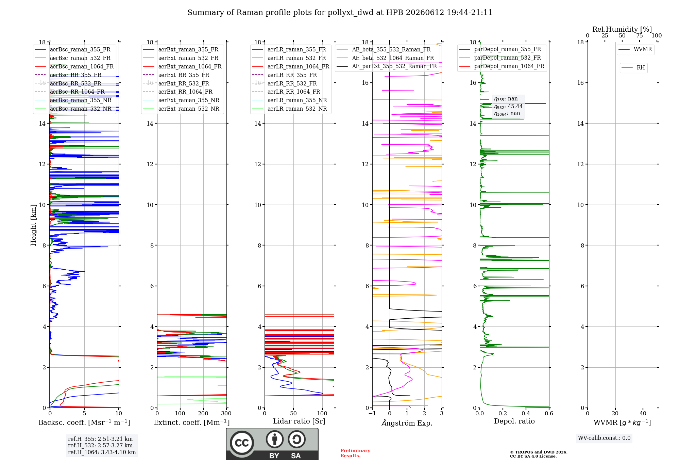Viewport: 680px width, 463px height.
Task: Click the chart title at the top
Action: (340, 13)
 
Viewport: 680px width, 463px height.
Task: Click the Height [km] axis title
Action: (33, 225)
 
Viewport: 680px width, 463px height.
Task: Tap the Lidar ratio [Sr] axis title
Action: (299, 421)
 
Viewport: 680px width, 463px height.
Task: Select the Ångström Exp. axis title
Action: (407, 423)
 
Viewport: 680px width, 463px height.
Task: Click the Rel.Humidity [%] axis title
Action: (622, 29)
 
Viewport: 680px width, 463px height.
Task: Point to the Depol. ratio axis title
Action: (514, 421)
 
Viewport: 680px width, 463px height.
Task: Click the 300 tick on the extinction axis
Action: (226, 413)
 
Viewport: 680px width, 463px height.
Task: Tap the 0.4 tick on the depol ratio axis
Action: (526, 413)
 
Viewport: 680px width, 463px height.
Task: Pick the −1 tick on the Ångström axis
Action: (372, 413)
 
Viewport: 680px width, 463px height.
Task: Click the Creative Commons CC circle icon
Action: (242, 443)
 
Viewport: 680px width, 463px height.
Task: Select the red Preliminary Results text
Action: (355, 453)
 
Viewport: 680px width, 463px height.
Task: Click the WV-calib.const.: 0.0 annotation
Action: (604, 438)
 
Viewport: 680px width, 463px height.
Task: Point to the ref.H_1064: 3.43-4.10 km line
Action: (102, 452)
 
